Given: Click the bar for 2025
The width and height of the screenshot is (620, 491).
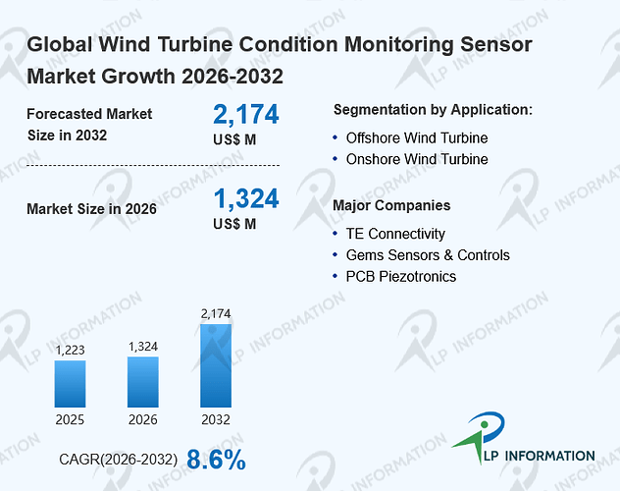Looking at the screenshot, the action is (70, 384).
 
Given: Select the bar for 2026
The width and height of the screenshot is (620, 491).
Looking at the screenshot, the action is (143, 382).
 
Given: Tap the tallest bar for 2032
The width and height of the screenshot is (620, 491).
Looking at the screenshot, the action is (216, 365).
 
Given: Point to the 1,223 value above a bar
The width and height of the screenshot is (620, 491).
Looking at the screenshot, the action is (70, 350).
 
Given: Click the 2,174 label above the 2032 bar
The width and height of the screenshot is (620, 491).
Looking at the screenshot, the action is (216, 314).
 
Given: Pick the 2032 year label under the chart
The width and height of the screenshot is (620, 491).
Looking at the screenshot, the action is (216, 419).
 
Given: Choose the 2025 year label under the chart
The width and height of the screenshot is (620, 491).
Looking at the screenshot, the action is (70, 419).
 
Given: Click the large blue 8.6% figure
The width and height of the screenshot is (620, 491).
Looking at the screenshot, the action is (216, 460).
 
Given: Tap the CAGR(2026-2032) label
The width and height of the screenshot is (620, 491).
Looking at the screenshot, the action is (119, 460).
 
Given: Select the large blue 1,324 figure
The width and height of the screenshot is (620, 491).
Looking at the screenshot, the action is (246, 198).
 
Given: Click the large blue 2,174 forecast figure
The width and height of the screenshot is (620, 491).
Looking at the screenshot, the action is (246, 114).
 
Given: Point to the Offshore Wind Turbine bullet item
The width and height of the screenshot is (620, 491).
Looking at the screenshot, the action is (417, 138).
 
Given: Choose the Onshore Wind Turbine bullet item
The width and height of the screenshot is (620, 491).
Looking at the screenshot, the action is (417, 159).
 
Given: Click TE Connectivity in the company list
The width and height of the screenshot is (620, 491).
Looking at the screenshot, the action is (395, 234).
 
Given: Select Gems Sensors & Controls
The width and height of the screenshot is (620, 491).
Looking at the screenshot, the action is (428, 255).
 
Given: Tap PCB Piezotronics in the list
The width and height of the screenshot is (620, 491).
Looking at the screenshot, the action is (401, 277).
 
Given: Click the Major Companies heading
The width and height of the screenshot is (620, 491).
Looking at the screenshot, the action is (391, 206).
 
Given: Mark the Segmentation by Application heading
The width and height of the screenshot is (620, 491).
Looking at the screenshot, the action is (433, 110).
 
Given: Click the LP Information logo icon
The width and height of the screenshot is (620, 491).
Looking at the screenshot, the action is (480, 436).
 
